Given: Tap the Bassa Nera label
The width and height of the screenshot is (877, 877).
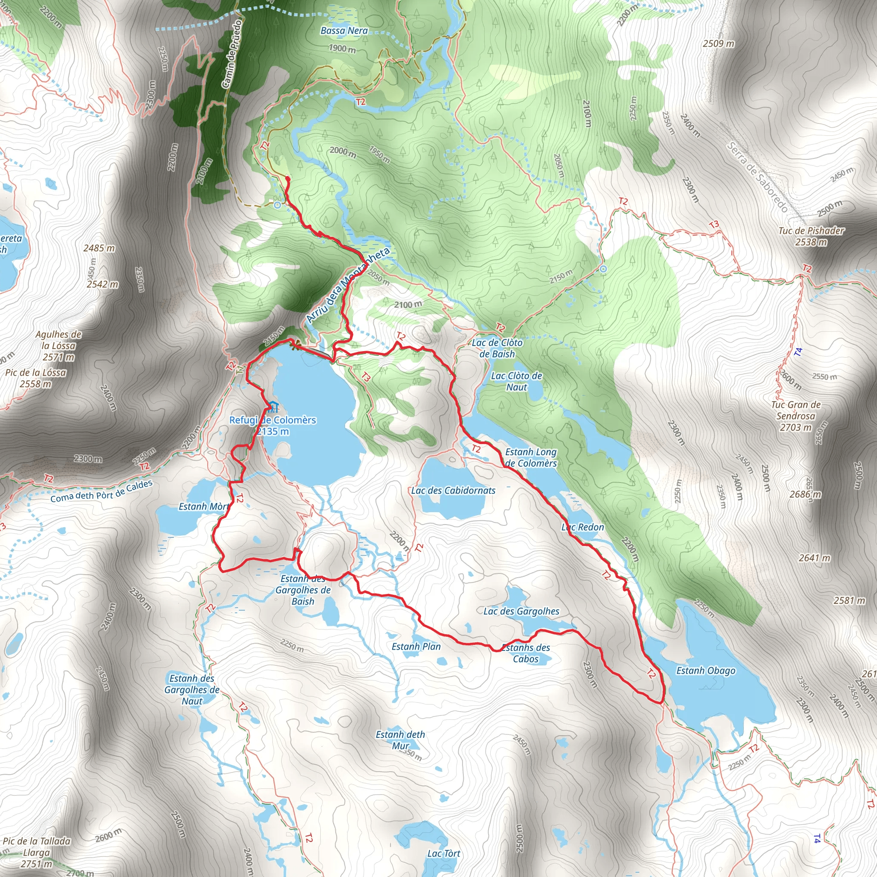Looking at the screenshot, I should point(344,31).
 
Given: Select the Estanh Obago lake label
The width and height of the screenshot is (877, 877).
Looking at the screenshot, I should point(706,671).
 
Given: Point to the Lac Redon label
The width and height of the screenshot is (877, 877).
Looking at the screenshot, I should point(582,527).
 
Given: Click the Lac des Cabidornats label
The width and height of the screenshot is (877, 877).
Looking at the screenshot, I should point(453,490).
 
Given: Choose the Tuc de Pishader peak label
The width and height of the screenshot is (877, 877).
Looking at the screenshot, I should point(811,236).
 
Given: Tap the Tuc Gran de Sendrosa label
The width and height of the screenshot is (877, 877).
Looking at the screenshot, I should point(796,416).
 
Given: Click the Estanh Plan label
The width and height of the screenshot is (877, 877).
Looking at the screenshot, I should point(416,646).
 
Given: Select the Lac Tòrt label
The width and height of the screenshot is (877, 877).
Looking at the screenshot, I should point(444,853).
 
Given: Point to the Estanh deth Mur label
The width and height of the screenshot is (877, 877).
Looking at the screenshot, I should point(400,740).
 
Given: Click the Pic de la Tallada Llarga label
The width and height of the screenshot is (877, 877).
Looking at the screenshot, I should point(37,852).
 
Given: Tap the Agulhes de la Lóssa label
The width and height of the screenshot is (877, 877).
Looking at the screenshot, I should point(59,346).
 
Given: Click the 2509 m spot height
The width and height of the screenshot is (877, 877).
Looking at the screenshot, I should point(719,44).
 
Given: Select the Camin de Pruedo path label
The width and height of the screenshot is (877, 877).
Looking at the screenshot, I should point(232,53).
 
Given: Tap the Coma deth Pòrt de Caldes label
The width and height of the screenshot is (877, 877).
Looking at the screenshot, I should point(101,491).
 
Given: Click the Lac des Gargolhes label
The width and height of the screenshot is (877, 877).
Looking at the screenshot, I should point(521,611).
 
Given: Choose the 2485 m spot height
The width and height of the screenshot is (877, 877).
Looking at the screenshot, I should point(99,248).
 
